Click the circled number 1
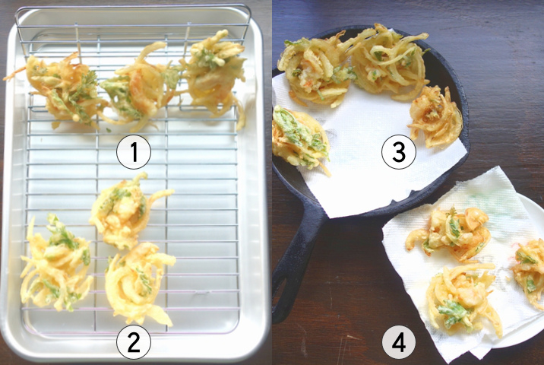click(134, 152)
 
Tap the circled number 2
click(134, 341)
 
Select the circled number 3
click(399, 152)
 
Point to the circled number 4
click(399, 341)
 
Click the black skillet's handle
click(295, 264)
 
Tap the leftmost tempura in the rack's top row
click(62, 90)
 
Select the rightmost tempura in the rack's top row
click(214, 73)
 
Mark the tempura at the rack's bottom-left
click(55, 264)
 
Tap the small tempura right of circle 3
click(436, 116)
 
